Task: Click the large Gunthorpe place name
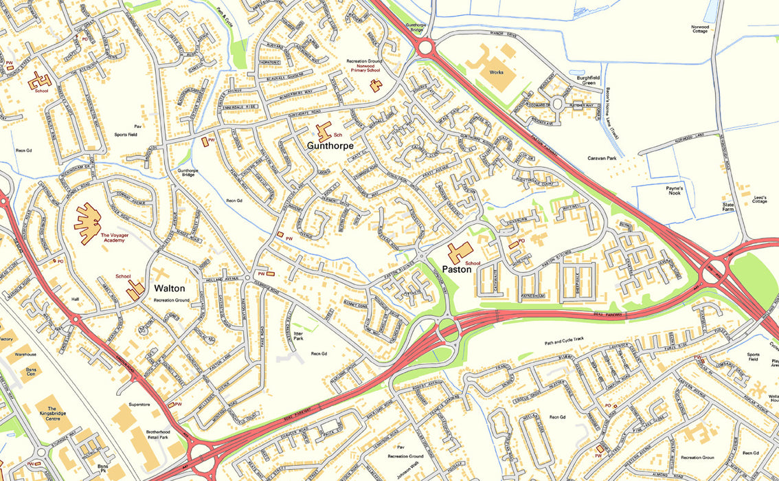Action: click(x=330, y=146)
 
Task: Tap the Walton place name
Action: click(x=169, y=288)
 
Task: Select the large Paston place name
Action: click(x=457, y=269)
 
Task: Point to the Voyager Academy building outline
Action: click(x=87, y=223)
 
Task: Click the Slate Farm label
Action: click(x=728, y=206)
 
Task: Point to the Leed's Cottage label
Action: click(x=759, y=197)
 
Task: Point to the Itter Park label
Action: click(x=298, y=337)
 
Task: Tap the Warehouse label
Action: click(x=25, y=355)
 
